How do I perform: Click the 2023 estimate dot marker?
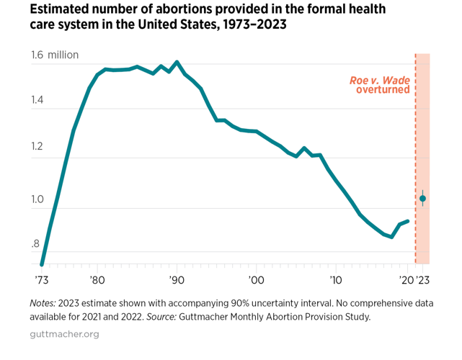click(423, 198)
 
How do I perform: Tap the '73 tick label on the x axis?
click(42, 279)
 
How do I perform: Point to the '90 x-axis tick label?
click(176, 279)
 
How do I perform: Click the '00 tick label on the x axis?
click(255, 279)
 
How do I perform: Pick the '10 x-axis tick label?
click(334, 279)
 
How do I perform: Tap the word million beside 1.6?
click(63, 55)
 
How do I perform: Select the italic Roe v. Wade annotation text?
click(380, 79)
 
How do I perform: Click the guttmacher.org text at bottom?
click(64, 334)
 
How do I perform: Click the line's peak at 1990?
click(177, 62)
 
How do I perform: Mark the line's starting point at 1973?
click(42, 264)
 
